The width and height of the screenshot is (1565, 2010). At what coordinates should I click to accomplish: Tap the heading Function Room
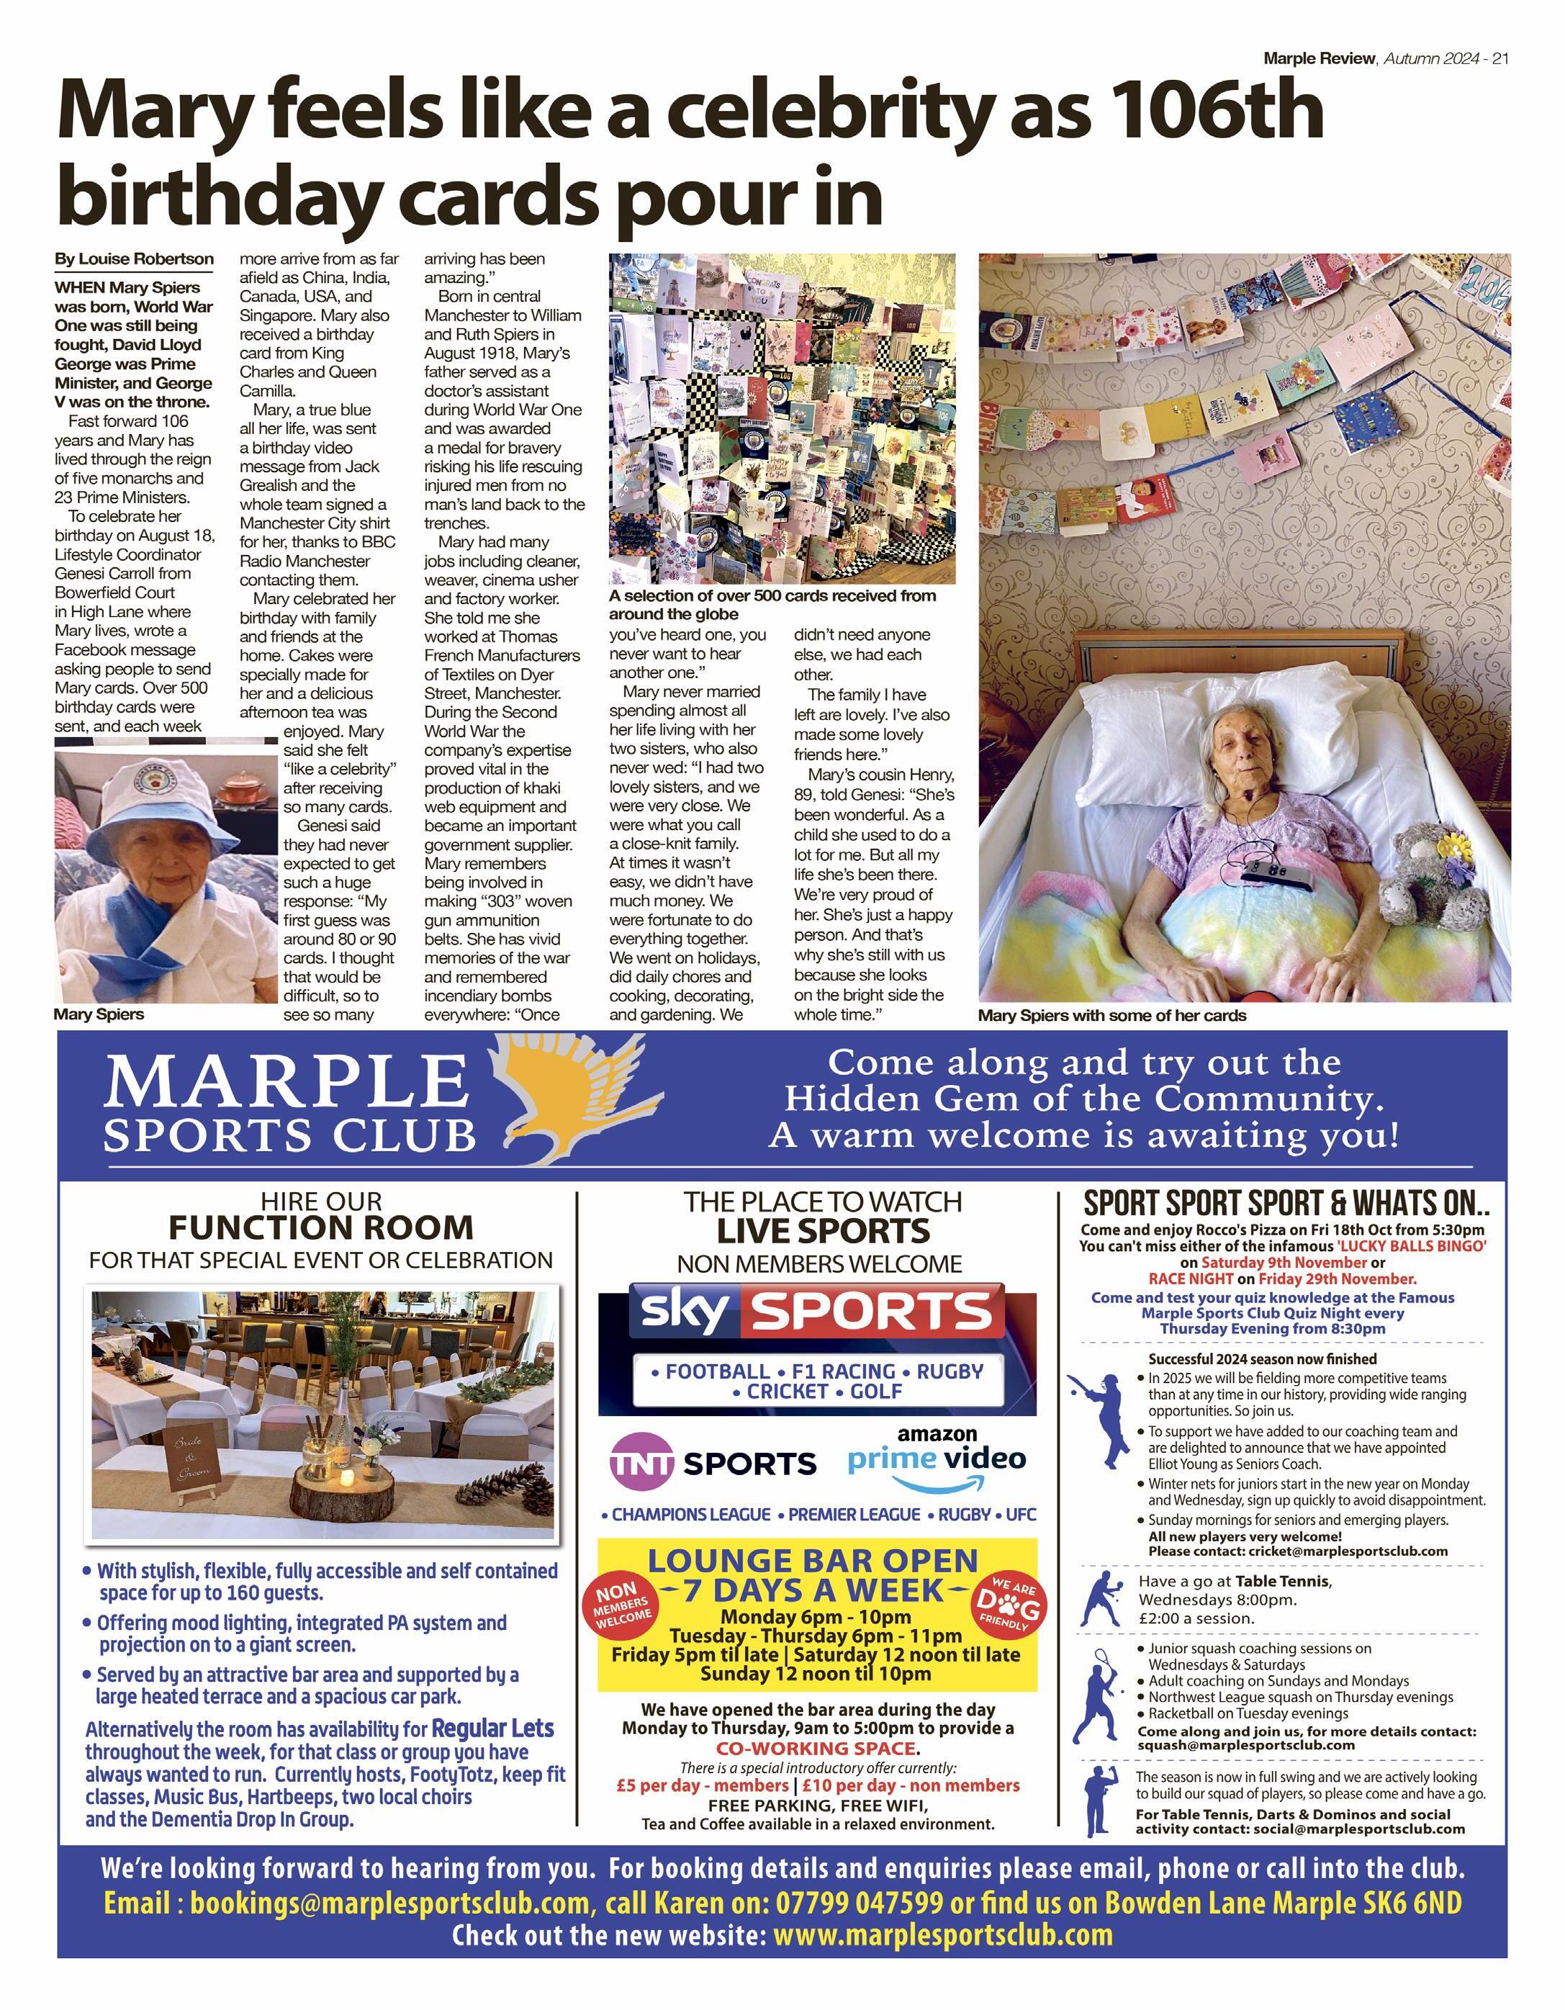(320, 1227)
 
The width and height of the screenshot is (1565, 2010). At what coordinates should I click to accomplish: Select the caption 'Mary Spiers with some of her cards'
(1111, 1015)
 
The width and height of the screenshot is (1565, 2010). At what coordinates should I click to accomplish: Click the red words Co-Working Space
(817, 1748)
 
